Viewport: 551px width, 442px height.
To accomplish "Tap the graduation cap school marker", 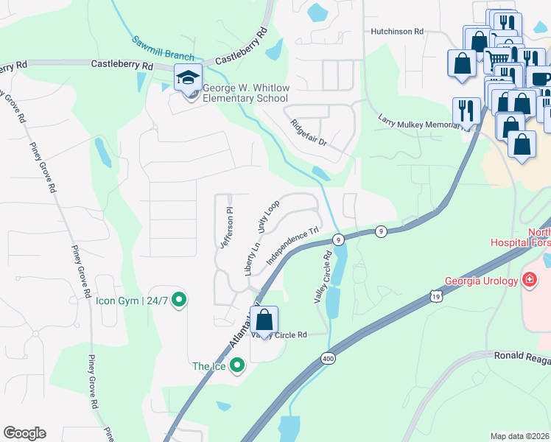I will point(188,77).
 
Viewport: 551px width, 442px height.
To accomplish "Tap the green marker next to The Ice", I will point(236,365).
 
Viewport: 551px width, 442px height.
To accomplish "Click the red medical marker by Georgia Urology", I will point(528,280).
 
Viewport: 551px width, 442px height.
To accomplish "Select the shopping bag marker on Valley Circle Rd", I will point(264,321).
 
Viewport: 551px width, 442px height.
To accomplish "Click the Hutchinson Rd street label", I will point(397,32).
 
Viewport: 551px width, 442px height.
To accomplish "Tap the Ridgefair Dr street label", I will point(308,132).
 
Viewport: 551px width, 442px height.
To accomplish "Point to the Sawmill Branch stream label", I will point(164,48).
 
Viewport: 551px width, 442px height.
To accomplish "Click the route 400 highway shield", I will point(328,359).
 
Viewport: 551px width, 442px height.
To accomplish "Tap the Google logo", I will point(24,433).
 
